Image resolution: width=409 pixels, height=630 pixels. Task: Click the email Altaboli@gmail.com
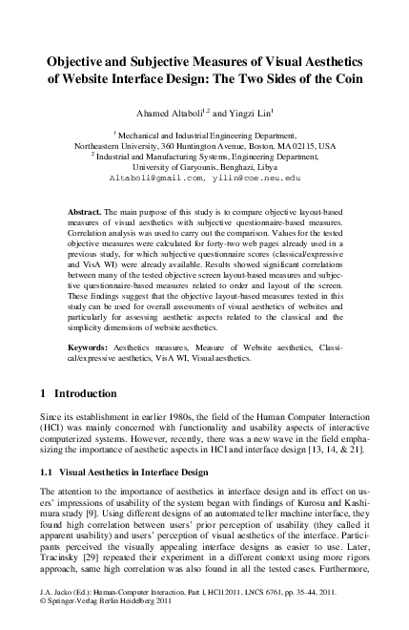click(x=153, y=178)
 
